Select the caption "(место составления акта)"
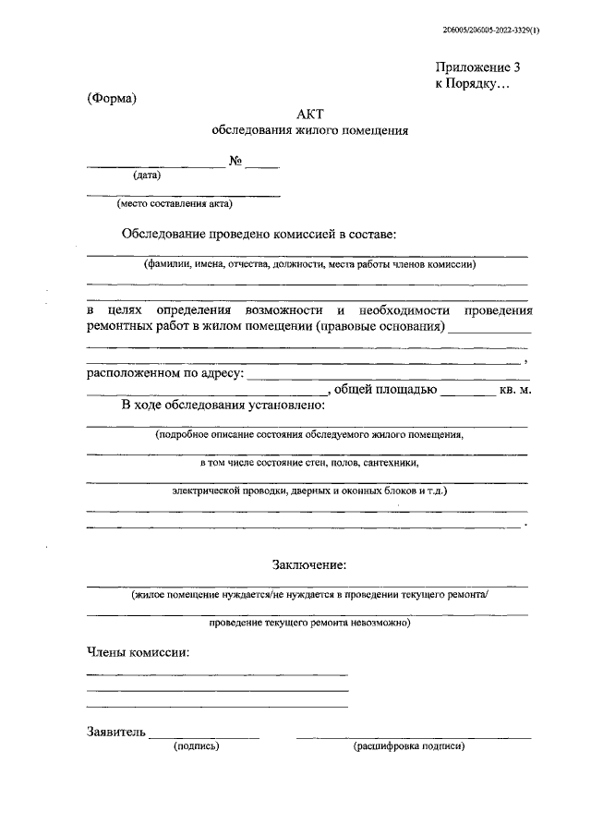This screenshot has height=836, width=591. point(175,204)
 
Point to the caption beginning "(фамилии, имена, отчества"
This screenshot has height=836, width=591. point(308,264)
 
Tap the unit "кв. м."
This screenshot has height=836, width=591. point(515,390)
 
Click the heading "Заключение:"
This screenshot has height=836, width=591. point(309,564)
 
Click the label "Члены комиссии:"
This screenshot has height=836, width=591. point(138,653)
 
